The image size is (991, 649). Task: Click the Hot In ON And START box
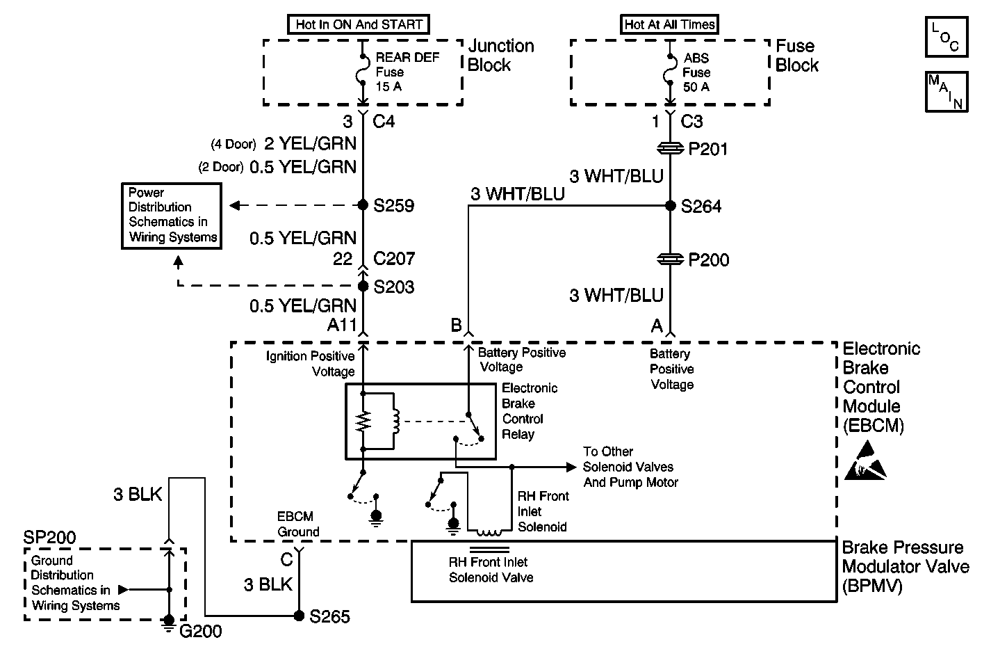click(x=359, y=24)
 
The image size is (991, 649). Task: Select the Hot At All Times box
click(x=669, y=24)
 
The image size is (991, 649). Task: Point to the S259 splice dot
click(x=363, y=205)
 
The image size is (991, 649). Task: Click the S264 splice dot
click(x=671, y=205)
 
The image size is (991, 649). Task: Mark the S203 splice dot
click(x=363, y=286)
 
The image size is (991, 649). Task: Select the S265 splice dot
click(x=299, y=616)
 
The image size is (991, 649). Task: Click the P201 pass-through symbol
click(x=670, y=149)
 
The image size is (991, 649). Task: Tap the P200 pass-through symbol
click(x=670, y=259)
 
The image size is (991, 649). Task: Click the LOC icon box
click(x=947, y=37)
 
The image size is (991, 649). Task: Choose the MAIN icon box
click(x=947, y=92)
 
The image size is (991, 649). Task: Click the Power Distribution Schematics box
click(x=172, y=216)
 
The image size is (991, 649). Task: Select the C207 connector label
click(x=394, y=259)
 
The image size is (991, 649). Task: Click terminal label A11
click(x=341, y=325)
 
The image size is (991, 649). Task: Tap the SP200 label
click(x=49, y=538)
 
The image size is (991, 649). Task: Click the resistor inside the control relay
click(x=363, y=421)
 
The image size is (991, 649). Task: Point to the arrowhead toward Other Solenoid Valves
click(x=571, y=467)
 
